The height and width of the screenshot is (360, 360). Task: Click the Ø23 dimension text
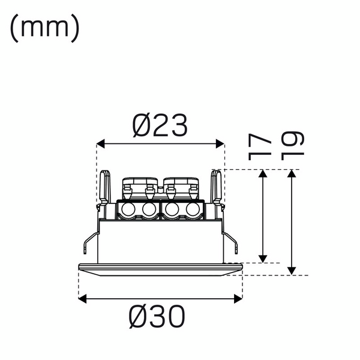pos(160,125)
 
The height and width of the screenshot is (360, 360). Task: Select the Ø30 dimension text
pos(157,316)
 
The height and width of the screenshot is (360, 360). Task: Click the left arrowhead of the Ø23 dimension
pos(101,144)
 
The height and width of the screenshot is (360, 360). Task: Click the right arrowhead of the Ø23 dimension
pos(220,144)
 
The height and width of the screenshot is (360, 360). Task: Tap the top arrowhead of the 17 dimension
pos(263,174)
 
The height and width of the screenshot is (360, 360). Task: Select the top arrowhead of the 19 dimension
pos(291,174)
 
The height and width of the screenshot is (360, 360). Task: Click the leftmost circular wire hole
pos(128,210)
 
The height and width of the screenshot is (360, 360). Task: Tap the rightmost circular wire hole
pos(193,210)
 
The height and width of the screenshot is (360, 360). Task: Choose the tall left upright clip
pos(104,187)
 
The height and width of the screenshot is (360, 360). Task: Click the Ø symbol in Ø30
pos(137,316)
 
